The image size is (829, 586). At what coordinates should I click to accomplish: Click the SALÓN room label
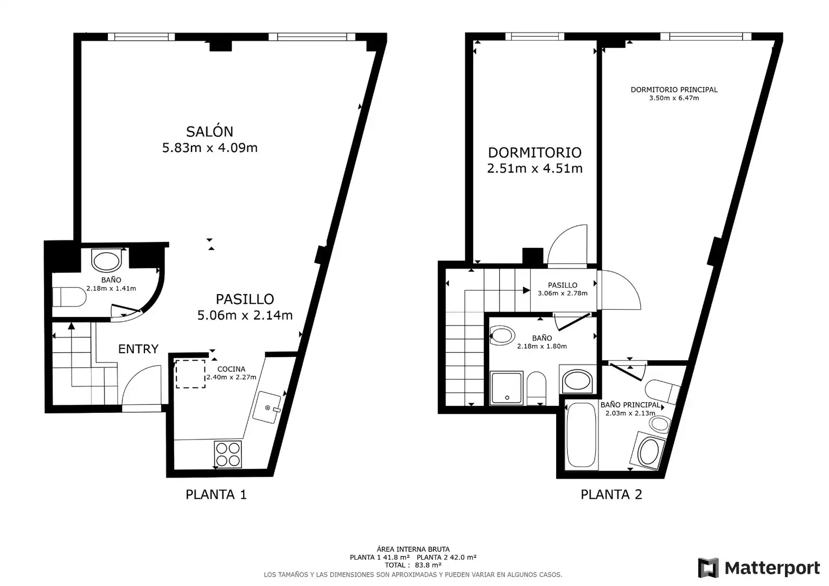coord(209,131)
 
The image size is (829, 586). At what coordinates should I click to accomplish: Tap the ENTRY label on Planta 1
coord(138,349)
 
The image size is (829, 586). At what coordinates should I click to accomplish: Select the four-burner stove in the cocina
coord(228,454)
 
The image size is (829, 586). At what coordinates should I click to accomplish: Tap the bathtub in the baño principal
coord(582,435)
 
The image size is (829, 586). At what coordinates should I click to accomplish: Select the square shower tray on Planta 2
coord(507,388)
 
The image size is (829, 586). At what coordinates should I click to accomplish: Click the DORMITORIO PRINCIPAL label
coord(674,90)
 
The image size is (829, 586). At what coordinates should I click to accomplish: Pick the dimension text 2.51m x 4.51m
coord(535,168)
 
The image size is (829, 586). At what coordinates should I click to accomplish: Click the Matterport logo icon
coord(708,568)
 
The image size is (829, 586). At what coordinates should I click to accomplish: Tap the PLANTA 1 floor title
coord(216,494)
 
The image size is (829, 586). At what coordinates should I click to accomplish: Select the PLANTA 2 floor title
coord(611,494)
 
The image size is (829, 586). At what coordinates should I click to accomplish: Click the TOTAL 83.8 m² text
coord(413,565)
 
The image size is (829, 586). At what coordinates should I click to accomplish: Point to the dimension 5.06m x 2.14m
coord(245,315)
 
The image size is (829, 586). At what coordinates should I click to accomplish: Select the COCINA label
coord(231,369)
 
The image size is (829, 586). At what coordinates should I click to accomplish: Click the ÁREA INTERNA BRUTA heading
coord(413,549)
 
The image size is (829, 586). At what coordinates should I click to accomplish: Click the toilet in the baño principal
coord(662,391)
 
